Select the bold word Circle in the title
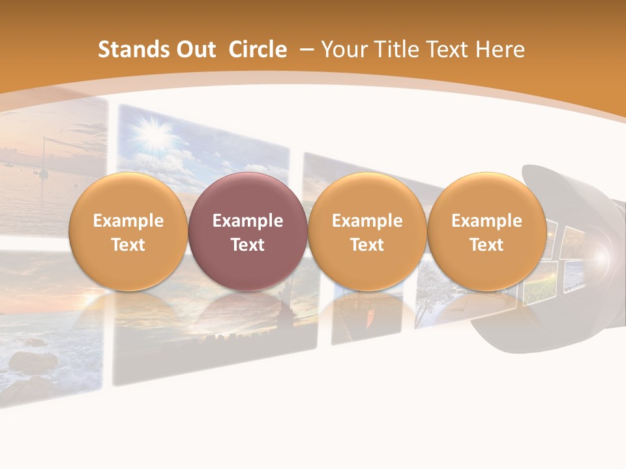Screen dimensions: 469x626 click(x=258, y=50)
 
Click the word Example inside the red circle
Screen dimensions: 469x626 click(x=247, y=221)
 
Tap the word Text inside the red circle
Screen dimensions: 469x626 click(x=247, y=245)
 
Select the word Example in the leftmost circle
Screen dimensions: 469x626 click(x=128, y=221)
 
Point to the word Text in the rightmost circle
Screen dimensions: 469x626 click(x=486, y=245)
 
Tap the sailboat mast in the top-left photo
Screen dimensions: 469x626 click(x=44, y=156)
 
